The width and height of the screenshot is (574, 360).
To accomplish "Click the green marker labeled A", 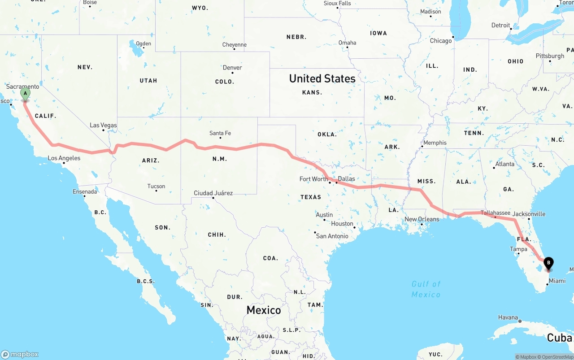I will coord(26,94).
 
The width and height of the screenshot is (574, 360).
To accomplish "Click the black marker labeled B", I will coord(548,263).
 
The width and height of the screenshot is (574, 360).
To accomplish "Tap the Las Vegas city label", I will coord(103,125).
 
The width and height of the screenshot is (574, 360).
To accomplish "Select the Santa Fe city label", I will coord(220,133).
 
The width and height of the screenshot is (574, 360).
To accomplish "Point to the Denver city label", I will coord(232,68).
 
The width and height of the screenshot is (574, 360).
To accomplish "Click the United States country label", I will coord(322,78).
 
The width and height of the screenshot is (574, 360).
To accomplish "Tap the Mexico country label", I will coord(264,310).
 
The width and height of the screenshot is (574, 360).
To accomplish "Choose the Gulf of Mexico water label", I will coord(426,289).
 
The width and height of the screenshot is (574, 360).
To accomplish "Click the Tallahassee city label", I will coord(495,213).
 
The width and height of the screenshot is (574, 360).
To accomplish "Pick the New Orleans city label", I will coord(422,219).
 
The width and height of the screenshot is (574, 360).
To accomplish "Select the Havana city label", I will coord(508,317).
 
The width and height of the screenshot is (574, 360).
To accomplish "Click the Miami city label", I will coord(557,281).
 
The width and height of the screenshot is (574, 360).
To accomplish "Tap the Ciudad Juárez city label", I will coord(213,193).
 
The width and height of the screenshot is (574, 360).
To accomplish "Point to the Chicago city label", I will coord(441,41).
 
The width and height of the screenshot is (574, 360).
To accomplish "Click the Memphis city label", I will coord(435,143).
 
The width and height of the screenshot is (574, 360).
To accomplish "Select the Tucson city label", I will coord(156,186).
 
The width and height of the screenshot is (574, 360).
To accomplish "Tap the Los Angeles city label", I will coord(64,158).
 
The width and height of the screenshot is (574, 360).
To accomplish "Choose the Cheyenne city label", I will coord(234,45).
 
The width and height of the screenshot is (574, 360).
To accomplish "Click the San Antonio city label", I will coord(332,236).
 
